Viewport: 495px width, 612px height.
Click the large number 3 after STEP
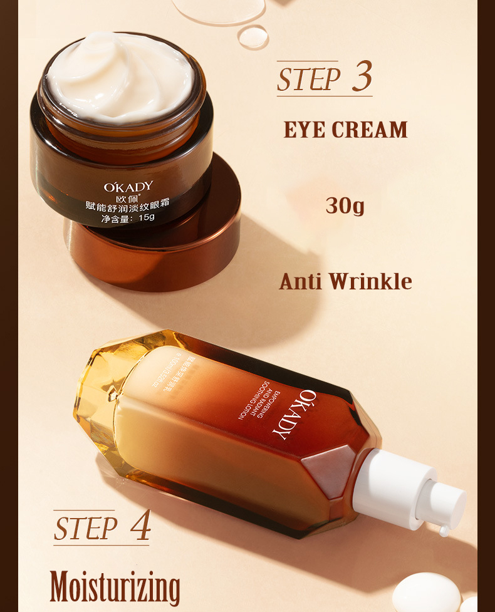click(x=362, y=77)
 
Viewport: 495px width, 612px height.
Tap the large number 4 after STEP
click(x=140, y=527)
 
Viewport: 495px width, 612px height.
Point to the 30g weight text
click(x=345, y=205)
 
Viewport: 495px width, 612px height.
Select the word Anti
click(x=301, y=281)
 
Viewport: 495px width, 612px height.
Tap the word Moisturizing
click(x=115, y=587)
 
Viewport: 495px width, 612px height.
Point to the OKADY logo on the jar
click(x=128, y=186)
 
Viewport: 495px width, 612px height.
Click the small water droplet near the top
click(x=253, y=36)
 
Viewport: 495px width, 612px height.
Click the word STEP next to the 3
click(x=308, y=80)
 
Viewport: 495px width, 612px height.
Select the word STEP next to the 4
click(x=85, y=529)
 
